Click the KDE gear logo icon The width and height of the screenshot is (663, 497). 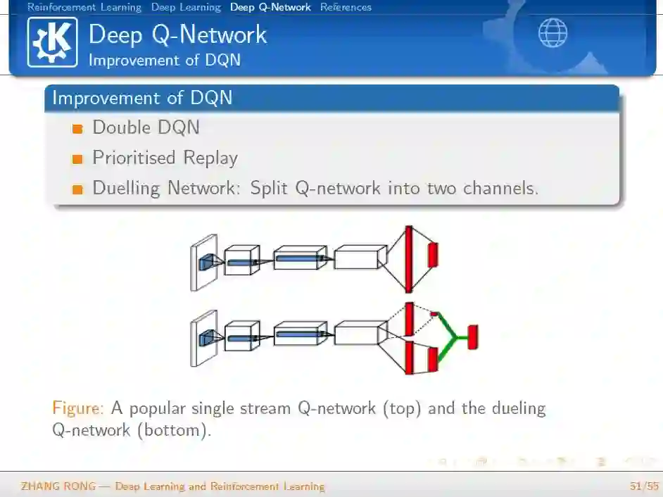pyautogui.click(x=53, y=42)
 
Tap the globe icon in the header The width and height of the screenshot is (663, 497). pyautogui.click(x=552, y=33)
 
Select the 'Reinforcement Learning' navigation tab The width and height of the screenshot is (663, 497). pyautogui.click(x=84, y=7)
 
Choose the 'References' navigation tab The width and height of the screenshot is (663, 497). pyautogui.click(x=346, y=7)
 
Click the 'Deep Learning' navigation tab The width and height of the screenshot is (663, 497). pyautogui.click(x=186, y=7)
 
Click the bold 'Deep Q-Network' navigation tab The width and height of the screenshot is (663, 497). pyautogui.click(x=270, y=7)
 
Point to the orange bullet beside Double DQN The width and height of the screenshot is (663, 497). pyautogui.click(x=77, y=129)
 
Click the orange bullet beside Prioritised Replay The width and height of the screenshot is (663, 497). pyautogui.click(x=77, y=159)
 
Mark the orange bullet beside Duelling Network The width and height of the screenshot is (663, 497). pyautogui.click(x=77, y=189)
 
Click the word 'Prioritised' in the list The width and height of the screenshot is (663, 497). pyautogui.click(x=134, y=158)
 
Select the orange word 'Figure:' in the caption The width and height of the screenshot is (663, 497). pyautogui.click(x=79, y=408)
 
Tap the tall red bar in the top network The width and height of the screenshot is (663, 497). pyautogui.click(x=408, y=259)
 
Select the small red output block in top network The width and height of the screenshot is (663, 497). pyautogui.click(x=433, y=254)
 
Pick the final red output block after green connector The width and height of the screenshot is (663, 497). pyautogui.click(x=473, y=337)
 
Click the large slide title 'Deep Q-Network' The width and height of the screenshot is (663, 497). pyautogui.click(x=178, y=35)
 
